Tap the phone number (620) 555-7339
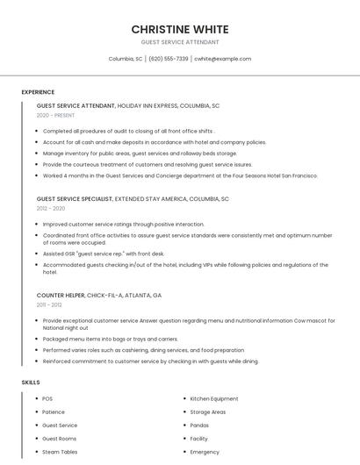(x=169, y=59)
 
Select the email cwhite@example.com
(x=223, y=59)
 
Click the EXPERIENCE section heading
(x=38, y=92)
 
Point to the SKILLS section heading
(x=31, y=383)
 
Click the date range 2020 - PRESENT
(x=55, y=115)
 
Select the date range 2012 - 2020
(x=51, y=209)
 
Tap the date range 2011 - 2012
(x=49, y=304)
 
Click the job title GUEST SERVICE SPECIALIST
(x=75, y=199)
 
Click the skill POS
(x=47, y=398)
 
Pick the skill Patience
(x=54, y=411)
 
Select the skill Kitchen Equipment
(x=213, y=398)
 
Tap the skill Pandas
(x=199, y=425)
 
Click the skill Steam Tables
(x=60, y=452)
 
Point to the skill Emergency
(x=205, y=452)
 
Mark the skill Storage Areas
(x=207, y=411)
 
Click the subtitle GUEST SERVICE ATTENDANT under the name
(x=180, y=42)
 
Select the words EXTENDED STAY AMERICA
(x=151, y=199)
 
